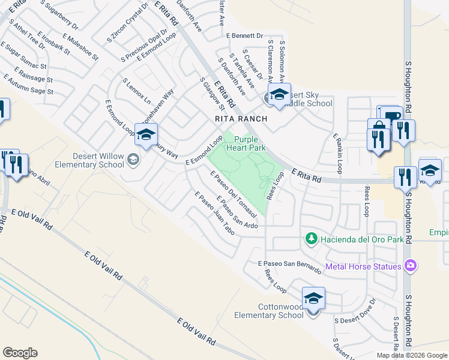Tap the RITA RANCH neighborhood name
point(240,119)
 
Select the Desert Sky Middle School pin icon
point(279,95)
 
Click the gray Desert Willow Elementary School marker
point(133,159)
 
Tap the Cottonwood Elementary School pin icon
point(314,298)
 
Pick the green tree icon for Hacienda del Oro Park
point(311,239)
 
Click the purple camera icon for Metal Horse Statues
point(411,265)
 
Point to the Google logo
point(20,353)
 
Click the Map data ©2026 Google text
point(412,355)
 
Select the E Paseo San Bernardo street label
point(289,268)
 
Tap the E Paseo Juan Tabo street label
point(214,214)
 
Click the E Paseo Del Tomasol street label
point(234,194)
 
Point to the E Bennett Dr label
point(245,36)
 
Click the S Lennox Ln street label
point(137,91)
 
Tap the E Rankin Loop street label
point(337,155)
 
